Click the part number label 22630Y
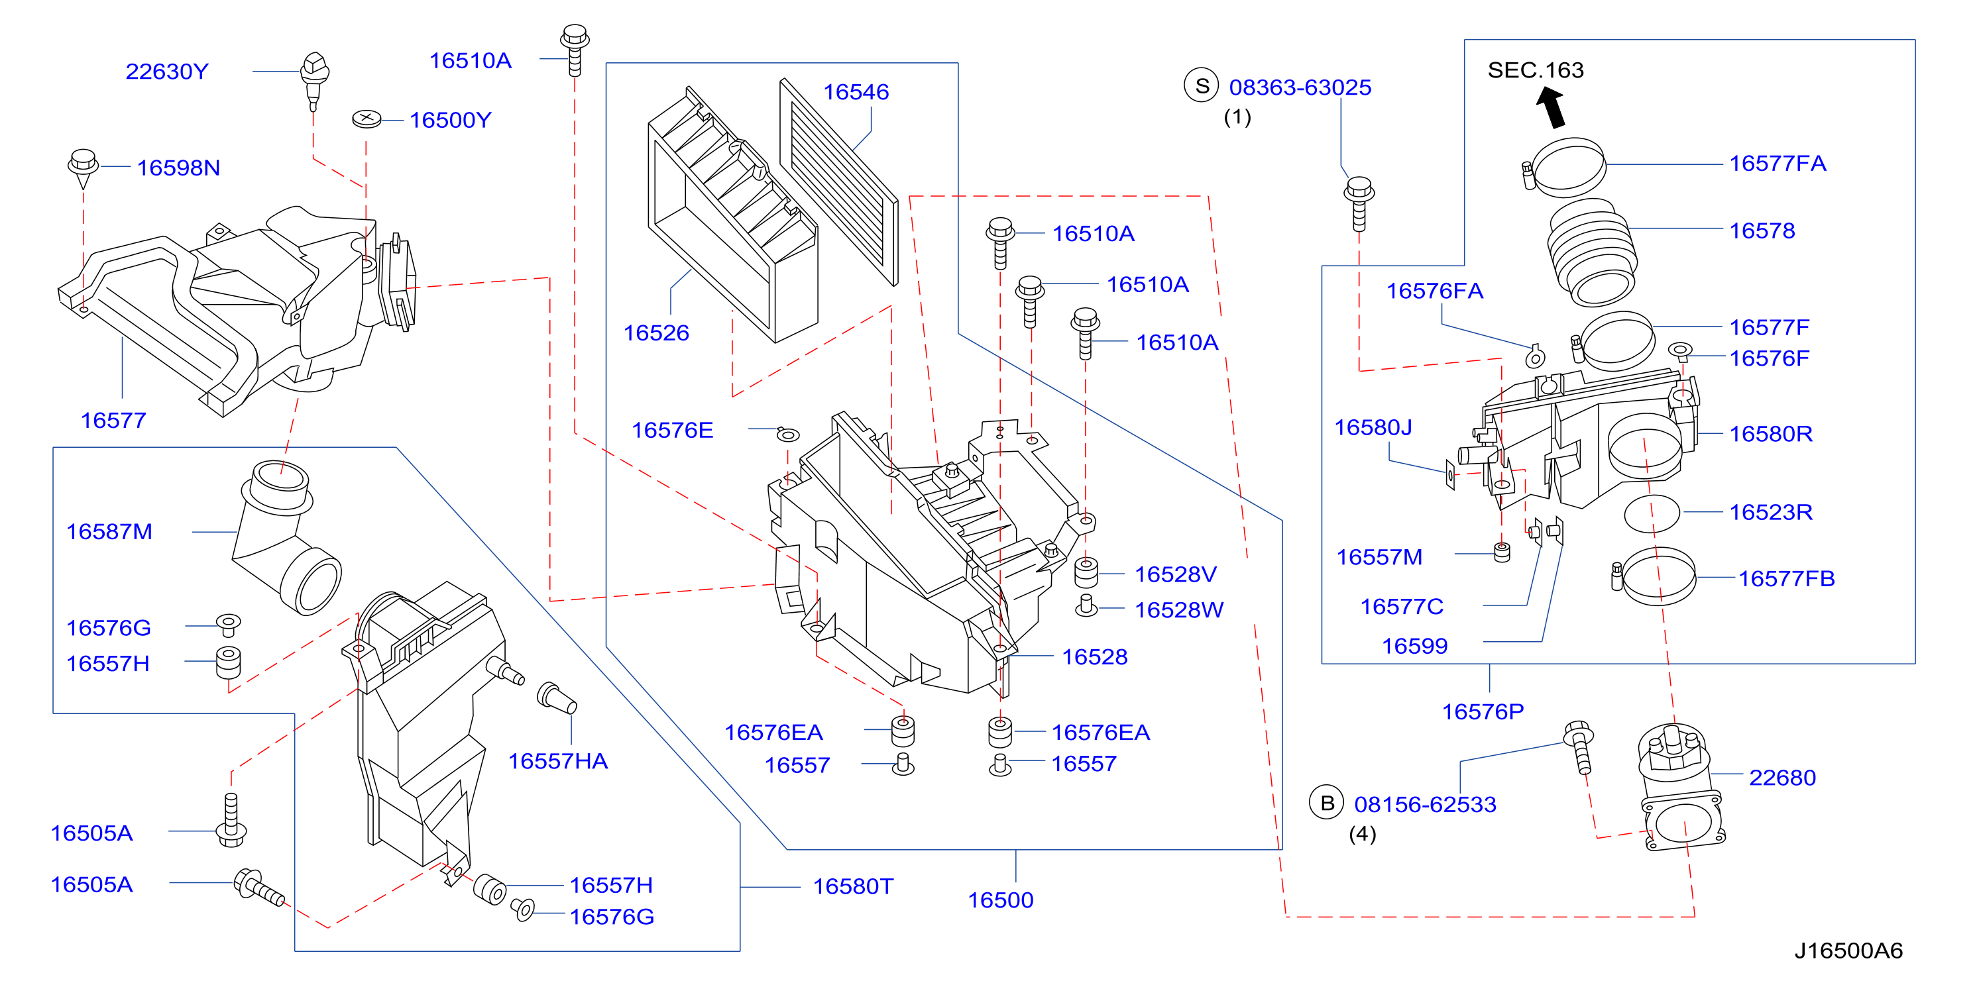(167, 72)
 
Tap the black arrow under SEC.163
(1552, 107)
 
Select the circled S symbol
(1202, 86)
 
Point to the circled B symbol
(1327, 803)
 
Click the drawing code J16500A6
(1848, 951)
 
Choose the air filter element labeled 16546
(839, 182)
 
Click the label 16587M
(109, 531)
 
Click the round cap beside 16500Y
(367, 119)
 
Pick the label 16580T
(854, 886)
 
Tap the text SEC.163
(1536, 70)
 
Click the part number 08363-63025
(1300, 87)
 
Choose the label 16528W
(1179, 610)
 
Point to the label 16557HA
(558, 761)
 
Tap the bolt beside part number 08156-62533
(1579, 747)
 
